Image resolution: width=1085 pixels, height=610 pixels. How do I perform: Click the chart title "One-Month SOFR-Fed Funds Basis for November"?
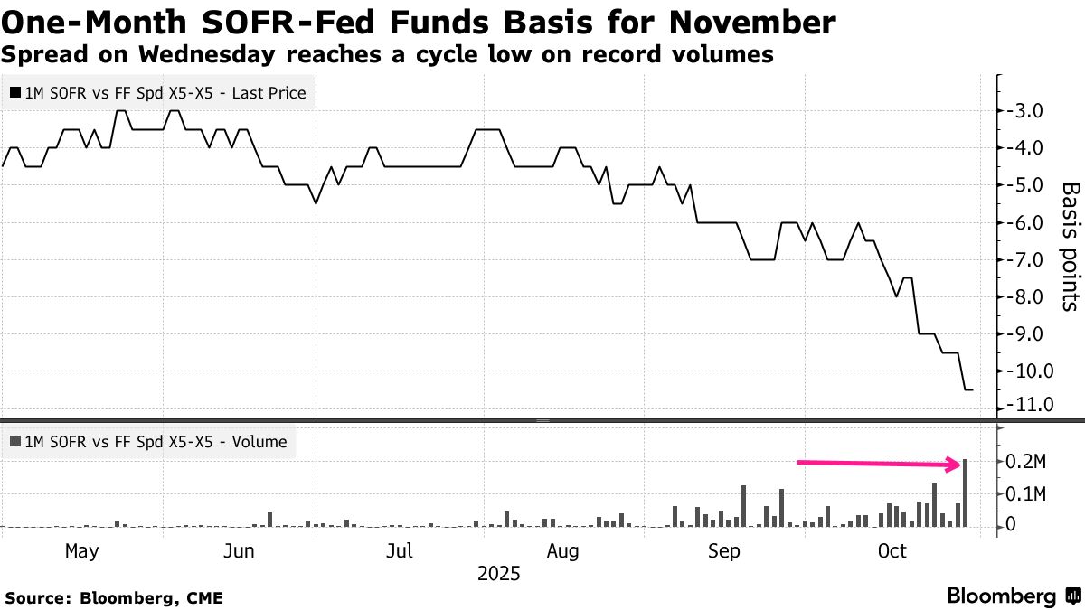tap(418, 22)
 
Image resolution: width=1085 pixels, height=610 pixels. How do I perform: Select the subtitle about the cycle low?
tap(387, 55)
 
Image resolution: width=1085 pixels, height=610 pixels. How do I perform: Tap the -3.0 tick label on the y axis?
tap(1024, 111)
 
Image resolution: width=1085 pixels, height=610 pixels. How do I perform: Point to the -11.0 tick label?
tap(1024, 405)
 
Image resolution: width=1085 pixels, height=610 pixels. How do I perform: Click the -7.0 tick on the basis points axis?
tap(1024, 259)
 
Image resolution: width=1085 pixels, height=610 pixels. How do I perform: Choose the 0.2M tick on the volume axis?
tap(1027, 463)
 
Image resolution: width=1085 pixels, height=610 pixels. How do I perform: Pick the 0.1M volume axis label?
tap(1027, 494)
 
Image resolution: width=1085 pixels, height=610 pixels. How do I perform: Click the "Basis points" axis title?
tap(1069, 247)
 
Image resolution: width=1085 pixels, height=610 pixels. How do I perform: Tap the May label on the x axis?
tap(82, 551)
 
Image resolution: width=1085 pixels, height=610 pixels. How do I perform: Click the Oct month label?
tap(892, 551)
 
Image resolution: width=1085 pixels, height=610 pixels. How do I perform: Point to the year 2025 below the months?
tap(499, 574)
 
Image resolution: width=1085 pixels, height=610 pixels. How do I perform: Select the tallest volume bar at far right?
tap(967, 493)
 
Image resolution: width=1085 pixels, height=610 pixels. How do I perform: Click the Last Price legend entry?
tap(158, 92)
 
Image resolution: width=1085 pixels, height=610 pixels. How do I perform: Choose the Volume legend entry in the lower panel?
tap(148, 442)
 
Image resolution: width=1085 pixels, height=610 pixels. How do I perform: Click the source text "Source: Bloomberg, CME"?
tap(114, 597)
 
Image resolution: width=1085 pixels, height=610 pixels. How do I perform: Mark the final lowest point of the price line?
tap(968, 389)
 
